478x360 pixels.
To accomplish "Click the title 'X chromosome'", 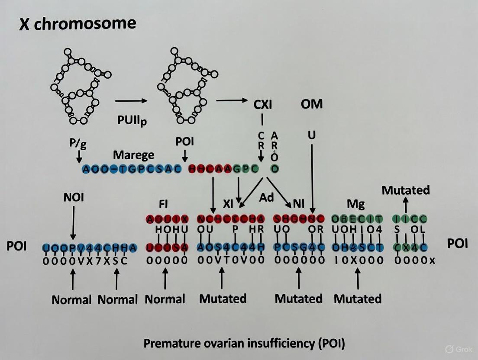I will (x=78, y=23).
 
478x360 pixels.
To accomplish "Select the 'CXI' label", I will (x=263, y=104).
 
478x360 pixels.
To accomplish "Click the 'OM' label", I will (x=311, y=104).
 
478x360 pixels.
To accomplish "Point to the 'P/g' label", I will (x=78, y=144).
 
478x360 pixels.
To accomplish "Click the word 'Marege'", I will (x=133, y=154).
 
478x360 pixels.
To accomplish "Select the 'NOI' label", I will (x=73, y=197).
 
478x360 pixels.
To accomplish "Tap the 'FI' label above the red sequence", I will (x=163, y=204).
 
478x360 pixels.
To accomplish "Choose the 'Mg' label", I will (x=356, y=204).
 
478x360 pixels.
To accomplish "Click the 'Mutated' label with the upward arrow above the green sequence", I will (x=406, y=190).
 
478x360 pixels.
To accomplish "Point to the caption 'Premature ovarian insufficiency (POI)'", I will (x=244, y=344).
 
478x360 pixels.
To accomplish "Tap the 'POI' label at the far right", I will (x=457, y=243).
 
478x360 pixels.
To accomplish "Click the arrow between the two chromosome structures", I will (x=131, y=101).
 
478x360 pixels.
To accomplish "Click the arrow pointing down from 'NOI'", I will (x=73, y=222).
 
